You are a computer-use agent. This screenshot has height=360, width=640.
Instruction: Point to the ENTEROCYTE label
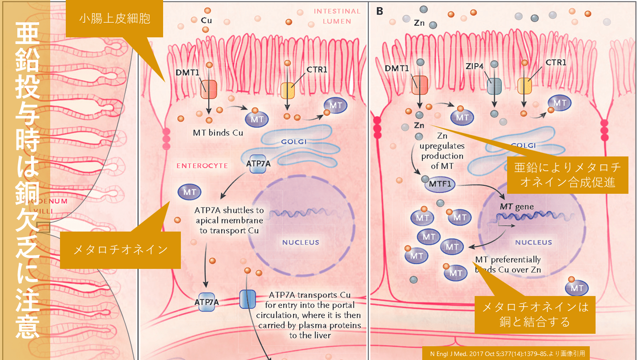202,166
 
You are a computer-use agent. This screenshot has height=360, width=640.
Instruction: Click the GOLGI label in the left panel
293,141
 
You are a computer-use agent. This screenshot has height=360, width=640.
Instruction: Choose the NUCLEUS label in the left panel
300,242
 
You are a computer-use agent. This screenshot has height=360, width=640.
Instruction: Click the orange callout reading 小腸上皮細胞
115,19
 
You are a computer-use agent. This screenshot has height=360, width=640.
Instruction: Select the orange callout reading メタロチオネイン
120,249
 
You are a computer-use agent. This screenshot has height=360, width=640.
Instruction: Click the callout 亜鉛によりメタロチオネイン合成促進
568,175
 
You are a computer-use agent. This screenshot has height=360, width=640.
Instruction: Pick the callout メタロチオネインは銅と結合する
535,314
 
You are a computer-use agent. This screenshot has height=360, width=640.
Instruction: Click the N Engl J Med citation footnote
507,354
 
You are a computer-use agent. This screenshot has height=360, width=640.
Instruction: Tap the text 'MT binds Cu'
218,132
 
